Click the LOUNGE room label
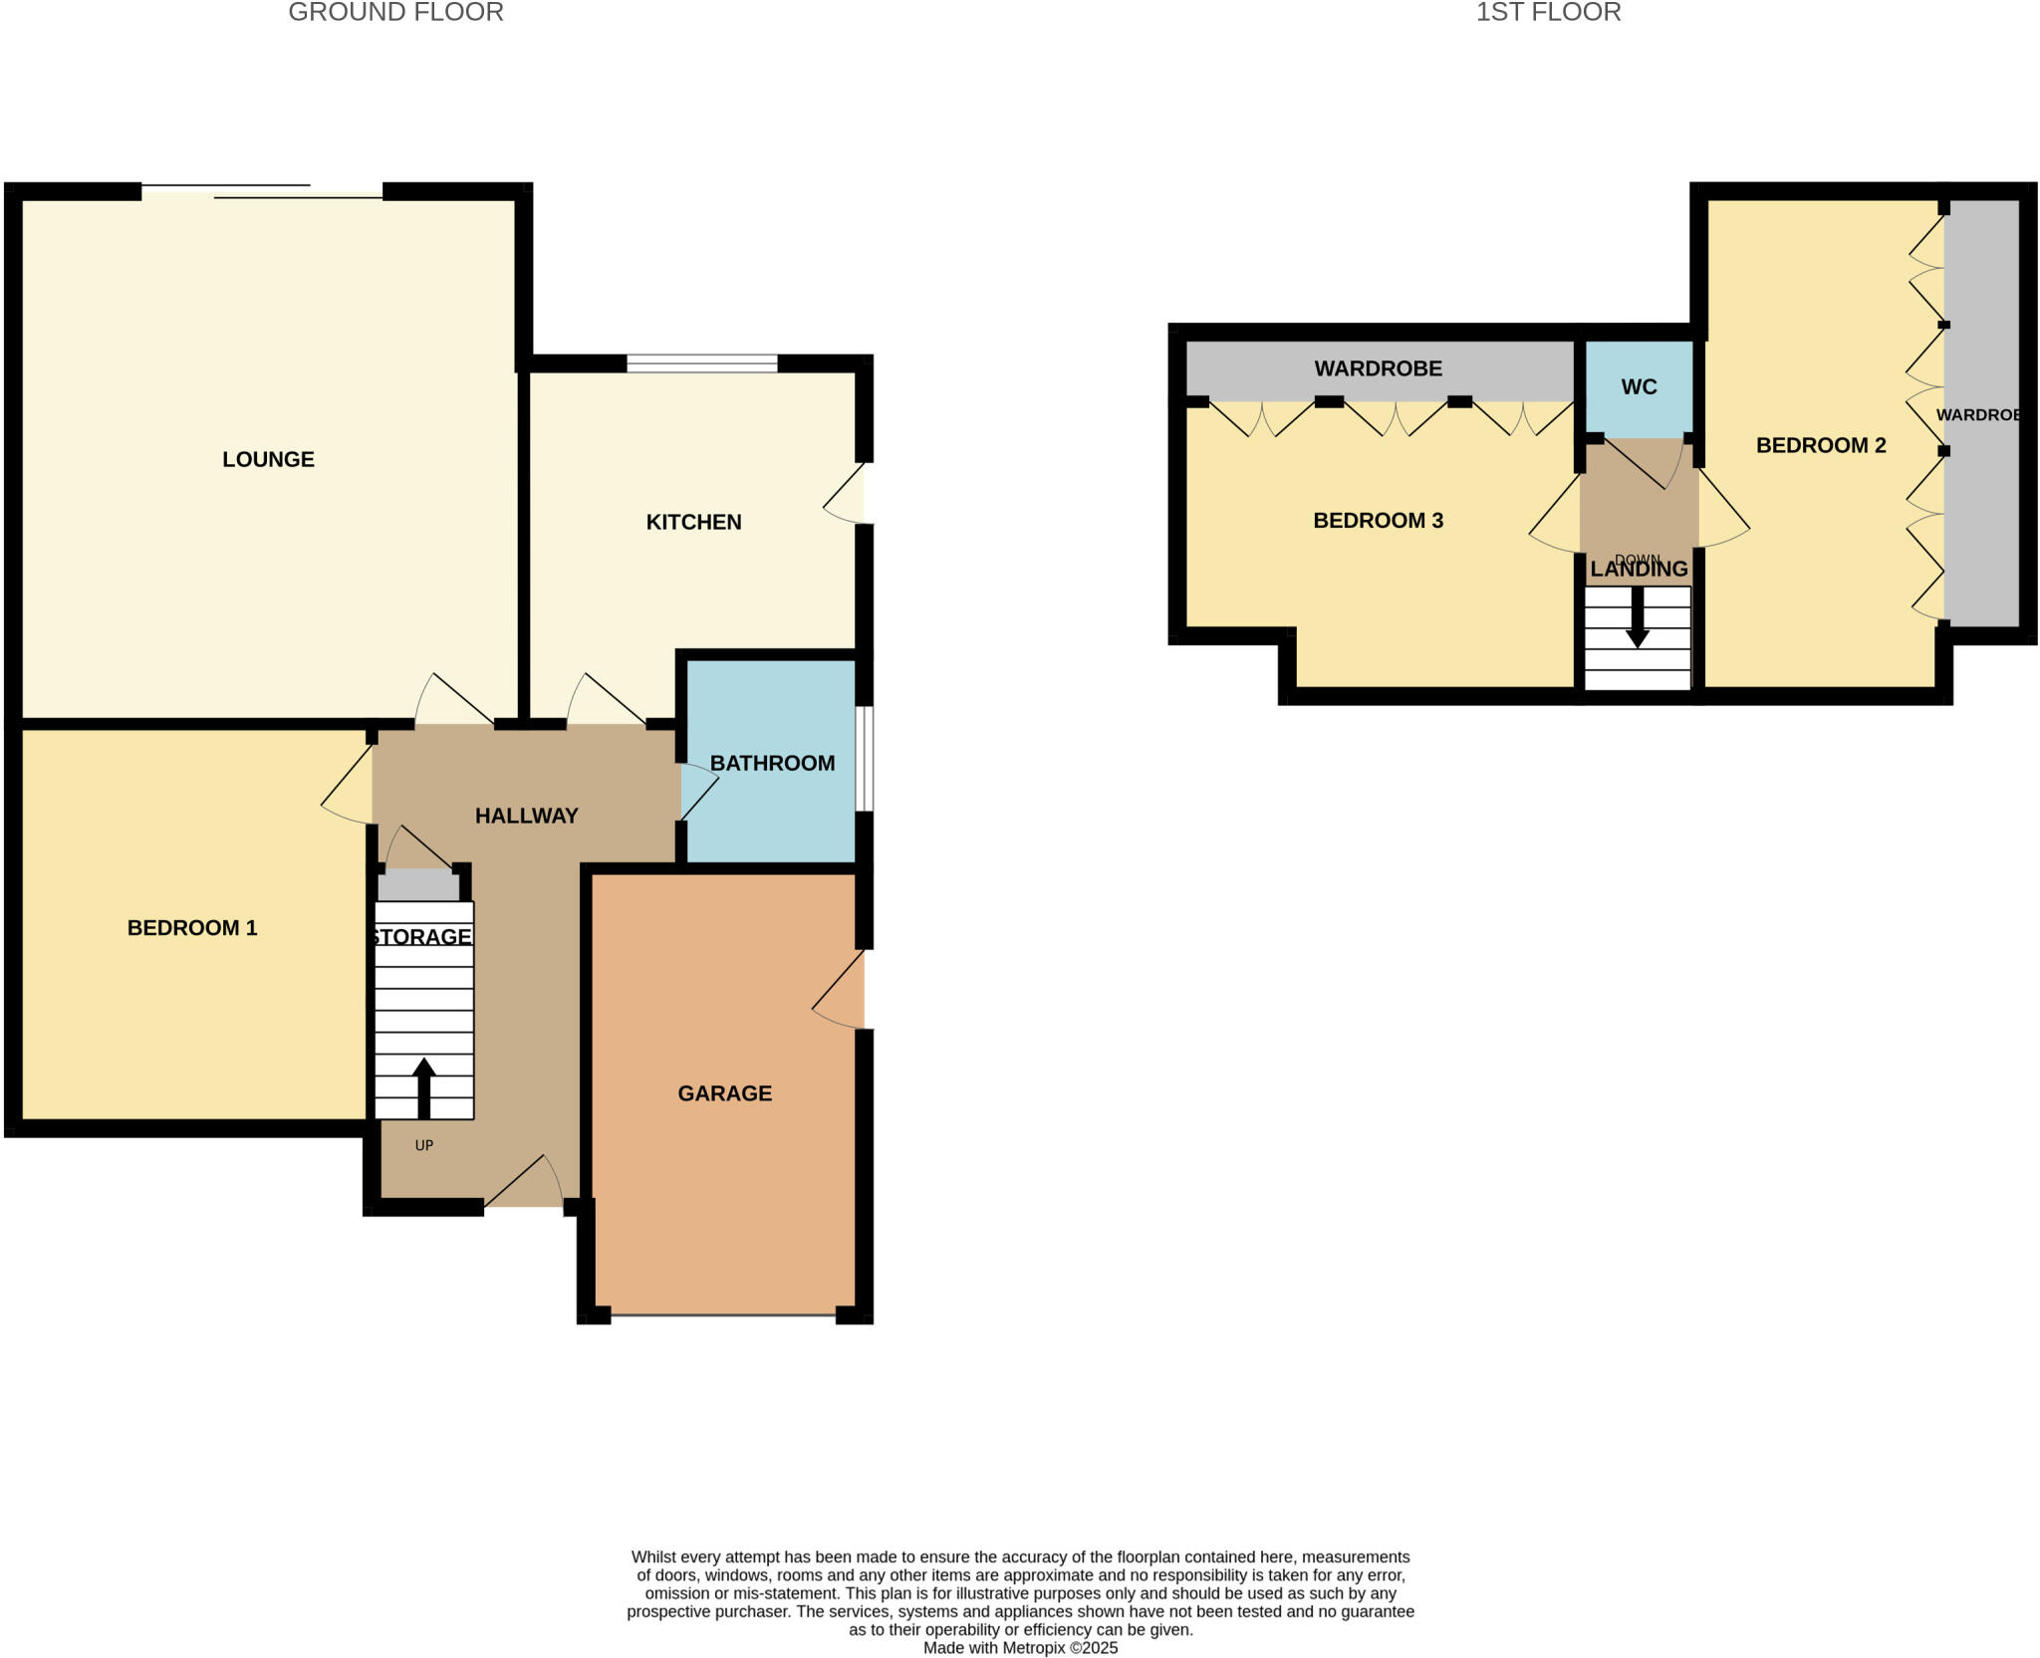coord(268,459)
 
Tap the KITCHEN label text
coord(693,522)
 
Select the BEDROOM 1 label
coord(192,928)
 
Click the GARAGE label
coord(724,1093)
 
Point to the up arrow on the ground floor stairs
coord(424,1086)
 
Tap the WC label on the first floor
coord(1639,387)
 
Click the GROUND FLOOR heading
coord(395,13)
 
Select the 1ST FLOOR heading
coord(1548,13)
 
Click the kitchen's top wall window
coord(702,363)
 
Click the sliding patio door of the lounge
coord(263,191)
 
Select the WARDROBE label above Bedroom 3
coord(1378,368)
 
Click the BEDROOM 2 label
coord(1821,445)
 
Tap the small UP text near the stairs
coord(424,1145)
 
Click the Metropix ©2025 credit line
coord(1020,1648)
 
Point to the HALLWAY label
coord(526,816)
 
